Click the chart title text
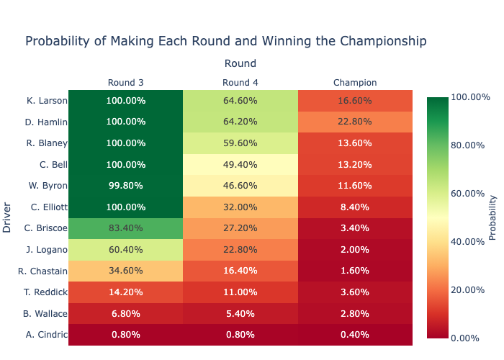(x=225, y=41)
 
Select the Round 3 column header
(x=125, y=82)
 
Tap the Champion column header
(x=355, y=82)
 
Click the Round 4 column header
(x=240, y=82)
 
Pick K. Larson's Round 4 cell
(x=240, y=101)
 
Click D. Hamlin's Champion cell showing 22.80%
(x=355, y=122)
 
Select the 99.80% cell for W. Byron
(x=125, y=186)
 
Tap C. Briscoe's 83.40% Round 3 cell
(x=125, y=228)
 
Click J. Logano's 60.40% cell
(x=125, y=250)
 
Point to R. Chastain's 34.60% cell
(x=125, y=271)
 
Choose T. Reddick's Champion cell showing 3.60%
(x=355, y=292)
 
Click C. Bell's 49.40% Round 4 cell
(x=240, y=164)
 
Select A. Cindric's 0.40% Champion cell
(x=355, y=335)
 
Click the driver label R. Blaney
(x=47, y=143)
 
